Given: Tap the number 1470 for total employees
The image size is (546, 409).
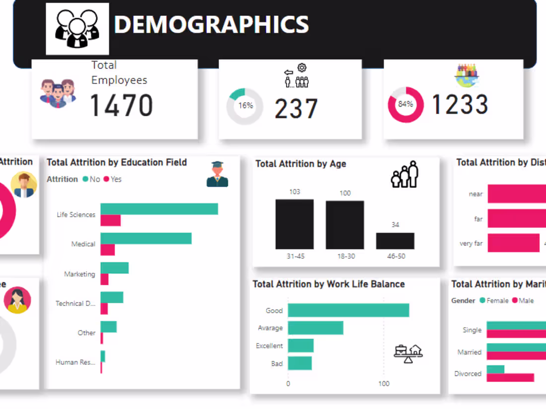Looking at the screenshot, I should coord(121,106).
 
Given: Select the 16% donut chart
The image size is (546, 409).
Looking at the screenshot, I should coord(245,106).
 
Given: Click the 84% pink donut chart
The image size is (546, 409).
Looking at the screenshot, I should coord(406,105).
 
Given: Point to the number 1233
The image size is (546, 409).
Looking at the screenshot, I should coord(460,105).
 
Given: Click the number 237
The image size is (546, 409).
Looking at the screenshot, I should coord(296,109).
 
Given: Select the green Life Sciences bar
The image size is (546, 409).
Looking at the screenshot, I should coord(159,209).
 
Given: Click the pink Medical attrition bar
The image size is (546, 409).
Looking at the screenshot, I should coord(108,250).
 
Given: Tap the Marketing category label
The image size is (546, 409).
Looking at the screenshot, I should coord(79,274).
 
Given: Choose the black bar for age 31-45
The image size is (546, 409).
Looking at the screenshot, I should coord(294,224).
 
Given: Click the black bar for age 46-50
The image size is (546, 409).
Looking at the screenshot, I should coord(395,241).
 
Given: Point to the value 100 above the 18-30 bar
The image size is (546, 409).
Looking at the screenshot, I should coord(345,193).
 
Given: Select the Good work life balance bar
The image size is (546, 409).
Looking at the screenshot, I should coord(348,310).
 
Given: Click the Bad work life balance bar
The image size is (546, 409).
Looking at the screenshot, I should coord(300,363).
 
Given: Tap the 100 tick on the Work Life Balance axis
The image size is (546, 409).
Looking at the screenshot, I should coord(384,384).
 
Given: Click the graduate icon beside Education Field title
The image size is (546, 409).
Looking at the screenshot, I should coord(217,174).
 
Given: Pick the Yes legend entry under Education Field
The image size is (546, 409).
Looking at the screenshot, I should coord(113,179).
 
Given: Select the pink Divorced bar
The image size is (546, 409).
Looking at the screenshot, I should coord(510,378).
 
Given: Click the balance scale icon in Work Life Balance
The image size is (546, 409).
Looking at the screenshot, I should coord(408,353).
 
